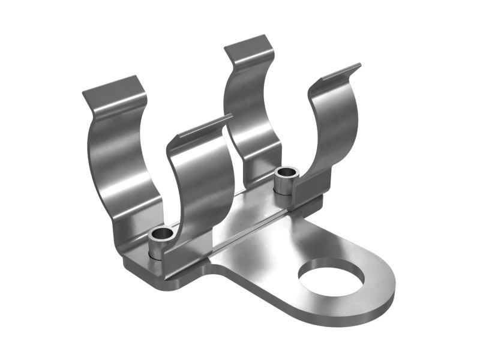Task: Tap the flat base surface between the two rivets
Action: (x=240, y=213)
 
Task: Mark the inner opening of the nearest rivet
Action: (x=161, y=235)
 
